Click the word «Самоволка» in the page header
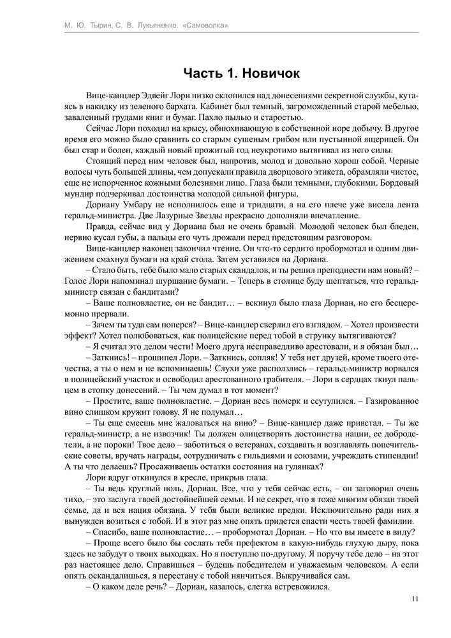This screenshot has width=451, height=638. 203,26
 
